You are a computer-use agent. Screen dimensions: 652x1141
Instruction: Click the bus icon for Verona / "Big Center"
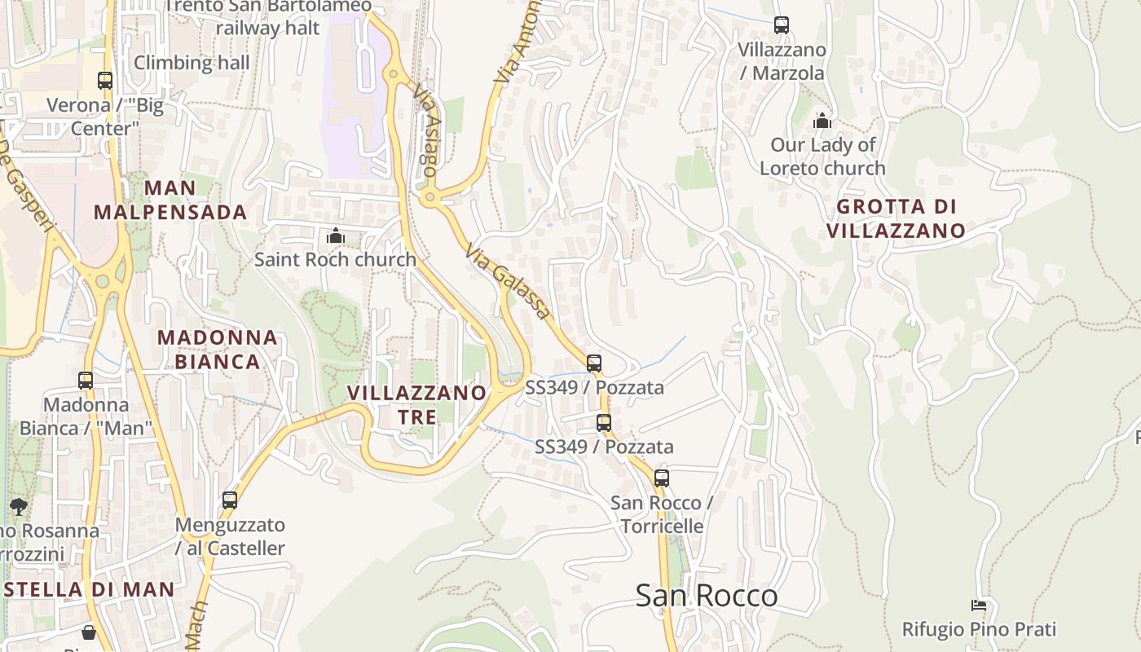[x=105, y=81]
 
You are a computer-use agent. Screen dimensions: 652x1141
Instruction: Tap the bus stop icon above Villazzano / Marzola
[x=782, y=25]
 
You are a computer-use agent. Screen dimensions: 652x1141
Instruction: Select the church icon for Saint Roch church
[x=335, y=236]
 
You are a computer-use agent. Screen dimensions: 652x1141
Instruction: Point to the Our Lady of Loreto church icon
[x=822, y=121]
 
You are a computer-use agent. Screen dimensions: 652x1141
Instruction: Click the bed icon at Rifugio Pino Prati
[x=979, y=605]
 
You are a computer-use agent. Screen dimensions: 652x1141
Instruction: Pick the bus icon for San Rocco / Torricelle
[x=662, y=478]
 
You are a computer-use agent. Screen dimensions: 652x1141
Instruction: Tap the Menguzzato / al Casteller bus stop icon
[x=230, y=500]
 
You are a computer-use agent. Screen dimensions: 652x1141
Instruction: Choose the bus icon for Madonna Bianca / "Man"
[x=86, y=381]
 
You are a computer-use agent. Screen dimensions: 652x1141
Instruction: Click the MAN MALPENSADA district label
[x=170, y=200]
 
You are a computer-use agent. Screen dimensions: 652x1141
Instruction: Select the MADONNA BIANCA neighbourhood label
[x=218, y=350]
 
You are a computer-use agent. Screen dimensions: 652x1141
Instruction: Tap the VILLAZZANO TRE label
[x=416, y=404]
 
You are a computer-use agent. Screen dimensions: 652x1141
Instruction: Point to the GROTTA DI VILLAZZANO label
[x=896, y=218]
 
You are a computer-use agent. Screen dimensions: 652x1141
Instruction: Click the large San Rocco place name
[x=706, y=596]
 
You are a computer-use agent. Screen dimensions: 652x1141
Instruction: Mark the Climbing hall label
[x=192, y=63]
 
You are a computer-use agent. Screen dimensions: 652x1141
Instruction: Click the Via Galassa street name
[x=508, y=281]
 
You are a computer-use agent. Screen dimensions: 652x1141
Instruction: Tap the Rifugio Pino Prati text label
[x=979, y=629]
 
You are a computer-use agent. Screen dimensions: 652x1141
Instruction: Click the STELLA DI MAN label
[x=88, y=589]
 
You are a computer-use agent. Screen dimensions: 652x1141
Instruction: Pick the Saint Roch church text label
[x=335, y=260]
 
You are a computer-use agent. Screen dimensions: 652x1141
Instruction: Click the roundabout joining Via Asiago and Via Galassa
[x=430, y=196]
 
